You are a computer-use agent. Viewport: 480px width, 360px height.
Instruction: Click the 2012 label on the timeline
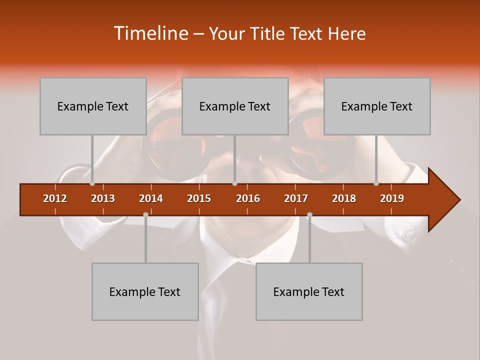click(x=55, y=198)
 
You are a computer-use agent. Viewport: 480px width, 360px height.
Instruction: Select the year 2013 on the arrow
click(x=103, y=198)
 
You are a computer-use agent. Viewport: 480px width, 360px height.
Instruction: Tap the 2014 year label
click(x=151, y=198)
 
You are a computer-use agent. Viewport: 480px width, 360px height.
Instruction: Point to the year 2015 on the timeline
click(x=199, y=198)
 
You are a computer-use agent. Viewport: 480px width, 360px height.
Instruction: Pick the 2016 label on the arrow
click(x=248, y=198)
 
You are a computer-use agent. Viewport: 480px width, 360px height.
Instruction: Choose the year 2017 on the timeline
click(x=296, y=198)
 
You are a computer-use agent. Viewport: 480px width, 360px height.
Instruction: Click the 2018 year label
click(x=344, y=198)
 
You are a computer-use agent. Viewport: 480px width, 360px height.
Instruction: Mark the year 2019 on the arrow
click(x=392, y=198)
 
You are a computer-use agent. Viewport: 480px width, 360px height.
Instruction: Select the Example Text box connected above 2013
click(x=93, y=106)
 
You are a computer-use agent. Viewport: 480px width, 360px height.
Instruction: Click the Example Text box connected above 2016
click(x=235, y=106)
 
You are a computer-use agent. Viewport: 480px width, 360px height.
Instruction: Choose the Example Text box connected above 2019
click(x=377, y=106)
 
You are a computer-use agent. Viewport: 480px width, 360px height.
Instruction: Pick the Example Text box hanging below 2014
click(x=145, y=291)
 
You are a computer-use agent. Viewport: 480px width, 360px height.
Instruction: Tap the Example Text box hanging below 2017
click(x=309, y=291)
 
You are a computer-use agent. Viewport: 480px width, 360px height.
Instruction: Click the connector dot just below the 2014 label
click(x=145, y=214)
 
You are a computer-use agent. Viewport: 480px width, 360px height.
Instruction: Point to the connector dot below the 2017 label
click(x=309, y=214)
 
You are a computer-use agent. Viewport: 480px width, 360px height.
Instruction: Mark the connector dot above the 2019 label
click(x=376, y=183)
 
